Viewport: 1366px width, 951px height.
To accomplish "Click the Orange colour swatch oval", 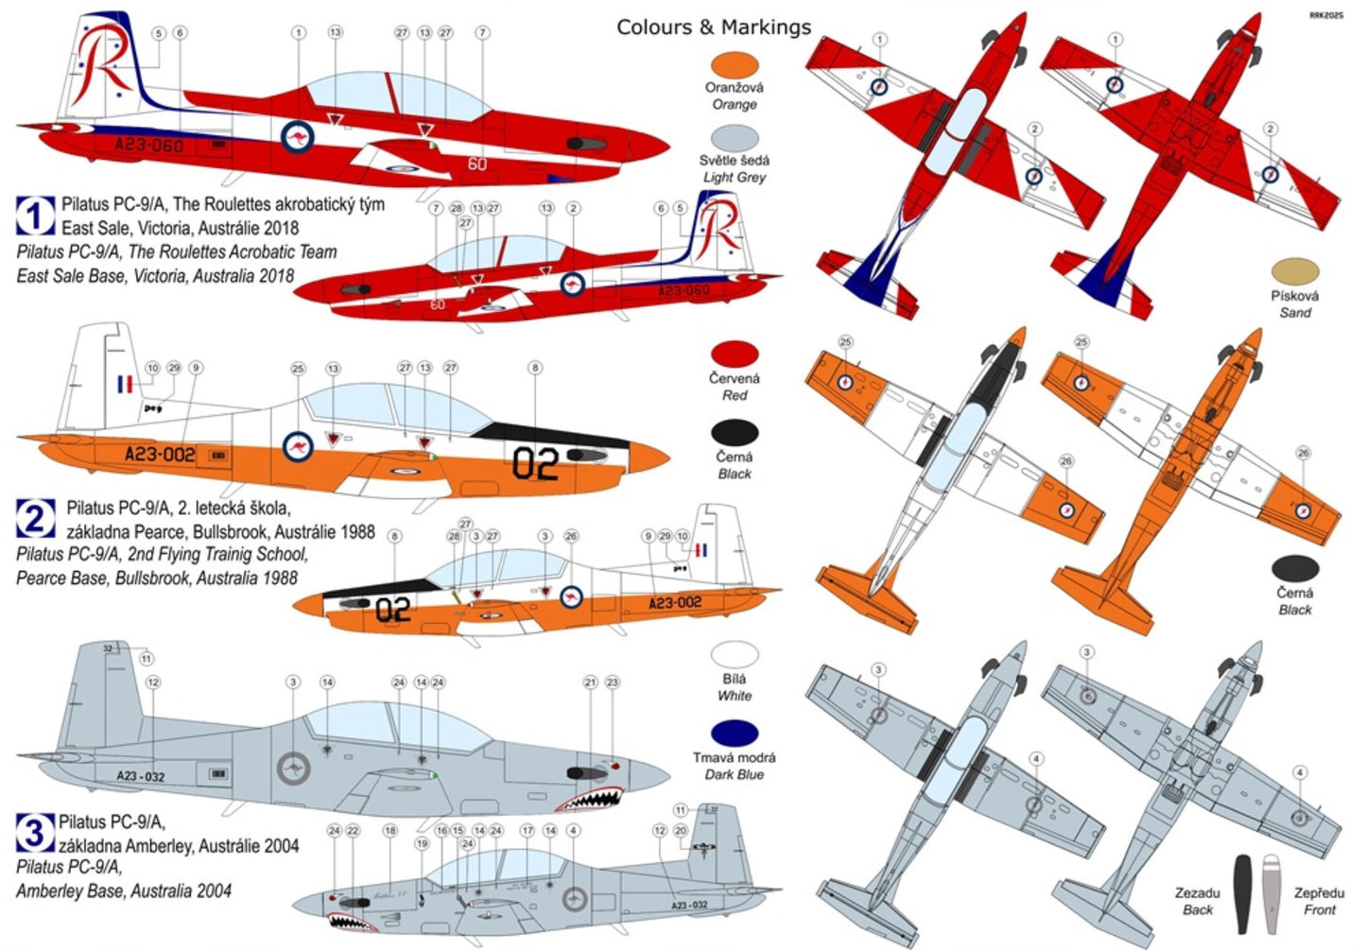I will tap(734, 64).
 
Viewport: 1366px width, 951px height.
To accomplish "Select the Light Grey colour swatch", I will tap(734, 138).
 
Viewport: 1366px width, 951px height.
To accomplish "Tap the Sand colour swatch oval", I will tap(1295, 271).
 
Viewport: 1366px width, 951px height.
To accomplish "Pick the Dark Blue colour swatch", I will tap(734, 734).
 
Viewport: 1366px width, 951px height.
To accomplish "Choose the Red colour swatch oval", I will tap(734, 354).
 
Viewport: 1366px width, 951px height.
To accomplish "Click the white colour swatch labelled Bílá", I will tap(734, 655).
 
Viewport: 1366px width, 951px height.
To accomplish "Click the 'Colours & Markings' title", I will tap(714, 26).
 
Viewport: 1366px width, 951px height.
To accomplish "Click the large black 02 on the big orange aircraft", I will tap(535, 463).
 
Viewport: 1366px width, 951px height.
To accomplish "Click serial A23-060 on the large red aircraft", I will tap(148, 145).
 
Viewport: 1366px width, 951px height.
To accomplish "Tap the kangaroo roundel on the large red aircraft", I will tap(298, 137).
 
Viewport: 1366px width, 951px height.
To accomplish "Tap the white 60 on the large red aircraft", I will tap(477, 164).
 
